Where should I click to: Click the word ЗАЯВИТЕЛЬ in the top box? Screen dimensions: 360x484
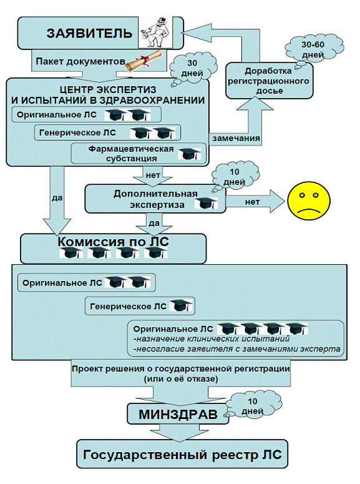(89, 33)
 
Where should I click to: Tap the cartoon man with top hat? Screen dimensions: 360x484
(155, 32)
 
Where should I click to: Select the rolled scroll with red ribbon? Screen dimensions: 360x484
(144, 61)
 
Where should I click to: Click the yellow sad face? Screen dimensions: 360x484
(309, 201)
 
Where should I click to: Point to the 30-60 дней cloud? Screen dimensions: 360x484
(314, 49)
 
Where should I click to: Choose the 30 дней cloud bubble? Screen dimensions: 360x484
(193, 68)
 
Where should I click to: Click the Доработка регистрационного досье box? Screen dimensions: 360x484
(269, 81)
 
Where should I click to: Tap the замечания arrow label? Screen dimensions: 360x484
(236, 138)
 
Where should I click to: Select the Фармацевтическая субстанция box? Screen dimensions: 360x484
(139, 153)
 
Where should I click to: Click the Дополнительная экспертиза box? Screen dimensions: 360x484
(155, 199)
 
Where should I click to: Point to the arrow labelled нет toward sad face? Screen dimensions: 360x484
(255, 202)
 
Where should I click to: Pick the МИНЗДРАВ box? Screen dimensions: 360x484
(178, 414)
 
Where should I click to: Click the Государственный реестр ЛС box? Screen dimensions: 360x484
(182, 454)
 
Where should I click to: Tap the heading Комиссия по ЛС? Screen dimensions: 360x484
(113, 242)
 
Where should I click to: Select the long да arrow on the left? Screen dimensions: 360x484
(57, 201)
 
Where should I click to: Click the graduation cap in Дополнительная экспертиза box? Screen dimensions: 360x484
(206, 204)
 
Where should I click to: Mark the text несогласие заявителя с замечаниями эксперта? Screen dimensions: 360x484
(237, 349)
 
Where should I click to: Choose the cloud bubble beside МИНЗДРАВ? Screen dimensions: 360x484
(252, 405)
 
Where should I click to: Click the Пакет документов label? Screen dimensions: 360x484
(80, 61)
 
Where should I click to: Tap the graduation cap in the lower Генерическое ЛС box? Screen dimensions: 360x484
(181, 305)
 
